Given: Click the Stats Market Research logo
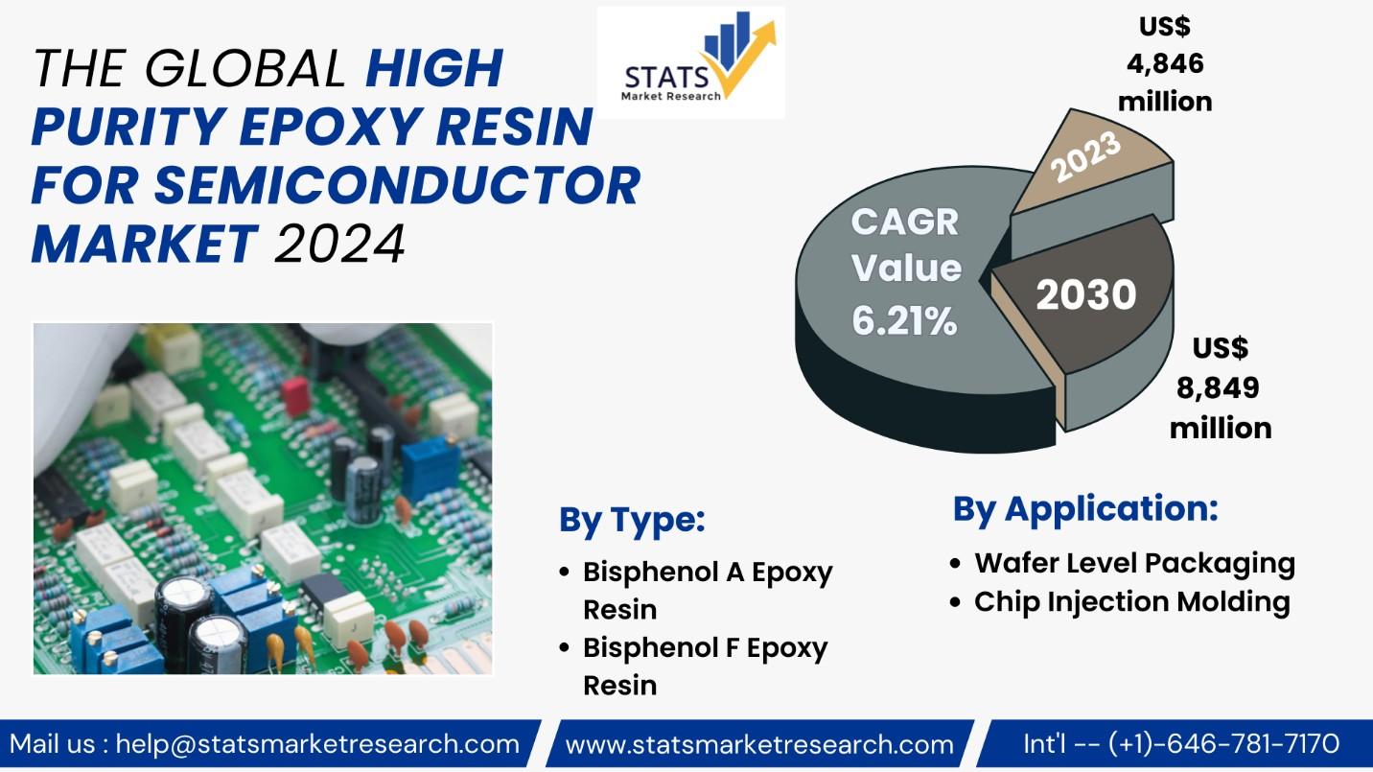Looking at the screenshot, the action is coord(690,62).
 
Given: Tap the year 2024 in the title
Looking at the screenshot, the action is coord(339,244).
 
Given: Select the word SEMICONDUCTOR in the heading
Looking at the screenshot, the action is coord(397,185).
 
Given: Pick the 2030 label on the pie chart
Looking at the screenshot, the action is coord(1086,294).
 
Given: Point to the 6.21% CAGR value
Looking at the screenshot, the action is coord(905,320).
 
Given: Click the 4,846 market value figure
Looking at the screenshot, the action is coord(1165,63).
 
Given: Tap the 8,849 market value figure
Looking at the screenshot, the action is coord(1218,387).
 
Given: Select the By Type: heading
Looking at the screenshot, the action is coord(632,521).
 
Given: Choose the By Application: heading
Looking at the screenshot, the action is coord(1085,509).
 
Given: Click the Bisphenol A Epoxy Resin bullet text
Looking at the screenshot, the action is coord(708,590).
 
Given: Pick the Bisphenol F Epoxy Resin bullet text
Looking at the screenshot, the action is coord(706,666).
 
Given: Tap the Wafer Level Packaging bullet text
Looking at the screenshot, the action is coord(1134,563).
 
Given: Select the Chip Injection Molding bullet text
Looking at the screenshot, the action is coord(1132,601).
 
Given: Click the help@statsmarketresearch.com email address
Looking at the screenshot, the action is coord(317,744).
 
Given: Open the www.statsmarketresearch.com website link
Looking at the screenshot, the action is coord(759,744).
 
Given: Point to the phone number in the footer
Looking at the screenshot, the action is coord(1223,744).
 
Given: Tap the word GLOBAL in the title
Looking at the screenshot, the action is coord(245,68).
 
